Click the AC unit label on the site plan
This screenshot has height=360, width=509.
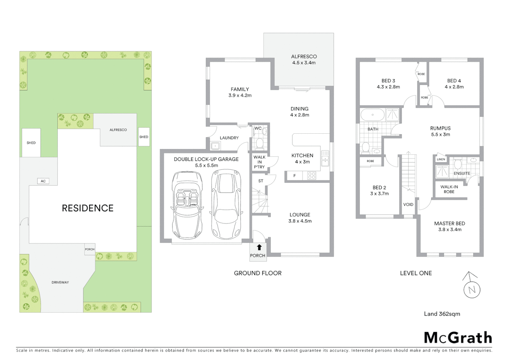pos(43,181)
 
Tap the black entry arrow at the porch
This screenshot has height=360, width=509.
pos(259,247)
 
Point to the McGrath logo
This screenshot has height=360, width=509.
pos(458,338)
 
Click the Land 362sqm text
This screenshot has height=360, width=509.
pos(442,314)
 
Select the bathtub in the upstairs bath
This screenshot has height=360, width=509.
pos(372,115)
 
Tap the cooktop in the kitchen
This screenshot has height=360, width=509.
pos(311,175)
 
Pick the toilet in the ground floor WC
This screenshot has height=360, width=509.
pos(259,143)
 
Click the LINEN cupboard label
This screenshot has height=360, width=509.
pos(441,159)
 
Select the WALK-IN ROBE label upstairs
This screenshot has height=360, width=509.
pos(449,189)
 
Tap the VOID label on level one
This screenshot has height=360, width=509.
pos(408,204)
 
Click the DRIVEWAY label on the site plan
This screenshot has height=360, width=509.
pos(60,282)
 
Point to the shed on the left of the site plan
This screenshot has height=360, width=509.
pos(31,143)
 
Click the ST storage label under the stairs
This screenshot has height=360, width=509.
pos(260,181)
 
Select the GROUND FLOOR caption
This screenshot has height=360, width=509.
pos(257,273)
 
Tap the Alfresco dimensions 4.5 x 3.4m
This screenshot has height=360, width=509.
pos(304,63)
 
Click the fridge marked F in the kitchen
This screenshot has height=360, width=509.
pos(294,176)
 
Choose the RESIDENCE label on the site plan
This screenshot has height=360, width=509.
pos(88,208)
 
